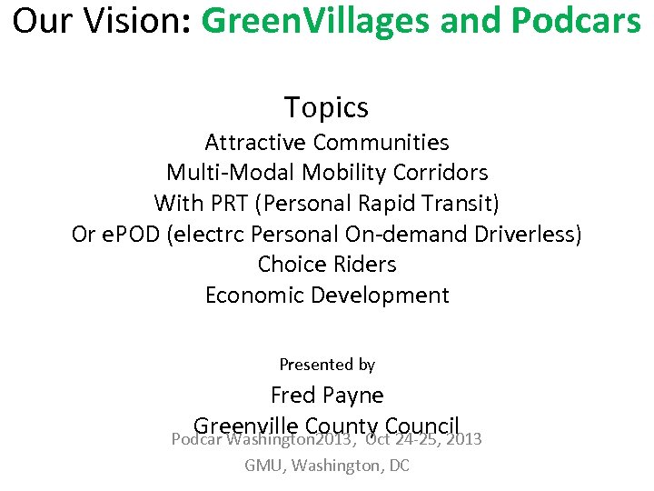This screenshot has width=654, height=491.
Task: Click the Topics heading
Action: click(326, 107)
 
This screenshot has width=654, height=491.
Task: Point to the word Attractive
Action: click(255, 143)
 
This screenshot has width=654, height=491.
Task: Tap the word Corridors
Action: click(444, 173)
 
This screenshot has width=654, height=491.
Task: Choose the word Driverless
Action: click(528, 234)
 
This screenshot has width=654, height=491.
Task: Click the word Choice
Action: click(288, 265)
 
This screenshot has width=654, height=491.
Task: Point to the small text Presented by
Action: click(327, 365)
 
